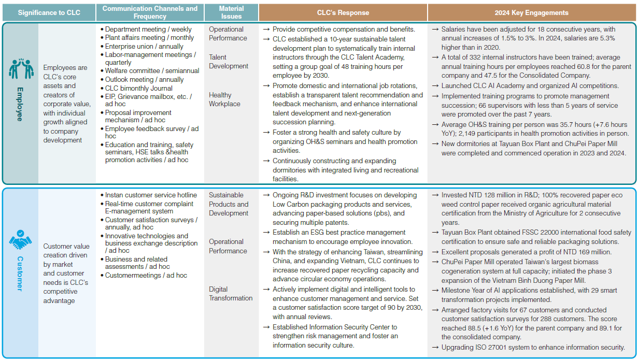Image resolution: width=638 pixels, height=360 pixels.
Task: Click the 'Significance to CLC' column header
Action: pyautogui.click(x=49, y=12)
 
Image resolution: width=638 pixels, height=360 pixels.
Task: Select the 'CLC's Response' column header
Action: pyautogui.click(x=343, y=12)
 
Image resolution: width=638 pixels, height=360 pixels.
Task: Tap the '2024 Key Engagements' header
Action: pyautogui.click(x=532, y=12)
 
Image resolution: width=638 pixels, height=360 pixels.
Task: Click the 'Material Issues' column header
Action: pyautogui.click(x=231, y=12)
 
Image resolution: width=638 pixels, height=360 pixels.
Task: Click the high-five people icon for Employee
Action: pyautogui.click(x=21, y=69)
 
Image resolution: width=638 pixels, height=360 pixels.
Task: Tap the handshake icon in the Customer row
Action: pyautogui.click(x=20, y=239)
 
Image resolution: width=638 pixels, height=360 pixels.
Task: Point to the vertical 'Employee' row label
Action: pyautogui.click(x=20, y=104)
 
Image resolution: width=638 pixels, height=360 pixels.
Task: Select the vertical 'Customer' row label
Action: pyautogui.click(x=20, y=273)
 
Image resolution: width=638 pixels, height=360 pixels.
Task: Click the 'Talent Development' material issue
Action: pyautogui.click(x=229, y=62)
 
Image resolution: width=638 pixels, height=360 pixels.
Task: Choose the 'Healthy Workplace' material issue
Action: pyautogui.click(x=224, y=99)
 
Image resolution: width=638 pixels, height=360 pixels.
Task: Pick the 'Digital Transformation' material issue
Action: pyautogui.click(x=231, y=294)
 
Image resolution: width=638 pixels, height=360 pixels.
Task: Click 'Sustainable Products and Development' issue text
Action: pyautogui.click(x=229, y=204)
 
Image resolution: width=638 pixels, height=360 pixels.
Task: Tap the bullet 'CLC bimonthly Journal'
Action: pyautogui.click(x=138, y=88)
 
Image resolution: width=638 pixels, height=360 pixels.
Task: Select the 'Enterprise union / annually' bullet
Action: pyautogui.click(x=144, y=46)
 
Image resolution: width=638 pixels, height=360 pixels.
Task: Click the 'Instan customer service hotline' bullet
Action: pyautogui.click(x=151, y=195)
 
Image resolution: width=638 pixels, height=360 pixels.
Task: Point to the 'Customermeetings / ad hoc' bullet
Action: pyautogui.click(x=146, y=276)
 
